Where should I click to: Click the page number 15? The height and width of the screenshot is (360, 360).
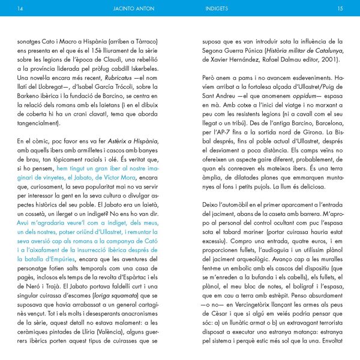tap(340, 9)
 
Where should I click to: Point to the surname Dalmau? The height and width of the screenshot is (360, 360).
tap(286, 59)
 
